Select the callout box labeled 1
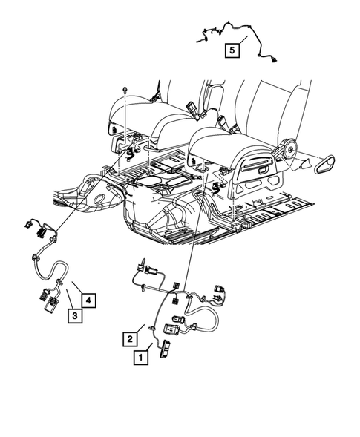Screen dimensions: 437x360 pyautogui.click(x=139, y=357)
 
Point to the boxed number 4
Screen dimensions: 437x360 pyautogui.click(x=88, y=300)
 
